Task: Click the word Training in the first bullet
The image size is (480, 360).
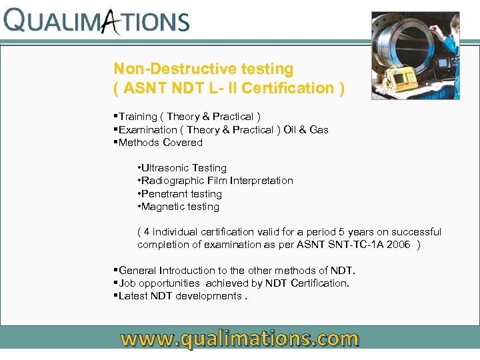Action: pyautogui.click(x=138, y=117)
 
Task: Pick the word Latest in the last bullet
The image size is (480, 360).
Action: pyautogui.click(x=134, y=296)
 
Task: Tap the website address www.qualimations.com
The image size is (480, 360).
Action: pyautogui.click(x=239, y=339)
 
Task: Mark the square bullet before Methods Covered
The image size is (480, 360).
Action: pyautogui.click(x=116, y=142)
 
